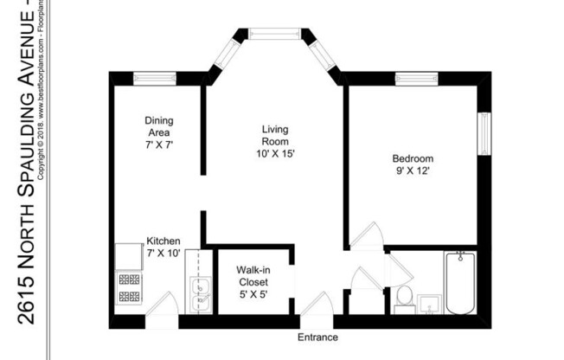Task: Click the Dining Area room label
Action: tap(159, 126)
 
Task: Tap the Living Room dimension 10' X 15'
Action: tap(274, 153)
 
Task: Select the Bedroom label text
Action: tap(413, 159)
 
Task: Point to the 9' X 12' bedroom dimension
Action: tap(413, 171)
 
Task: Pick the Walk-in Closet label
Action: tap(253, 276)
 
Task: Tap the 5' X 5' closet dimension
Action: tap(253, 294)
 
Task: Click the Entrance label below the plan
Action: tap(317, 337)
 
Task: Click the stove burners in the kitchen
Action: tap(129, 289)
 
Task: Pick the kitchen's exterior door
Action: tap(162, 307)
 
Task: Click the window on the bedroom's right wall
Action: tap(484, 129)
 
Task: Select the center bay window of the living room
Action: tap(275, 35)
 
